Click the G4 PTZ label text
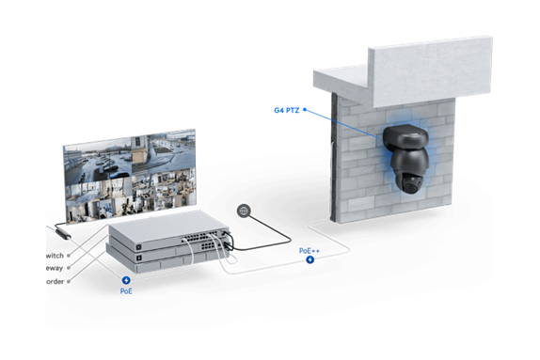pyautogui.click(x=285, y=110)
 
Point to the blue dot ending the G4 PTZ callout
pyautogui.click(x=305, y=110)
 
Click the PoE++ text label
pyautogui.click(x=310, y=251)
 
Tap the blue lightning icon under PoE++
pyautogui.click(x=310, y=259)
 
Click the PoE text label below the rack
pyautogui.click(x=126, y=290)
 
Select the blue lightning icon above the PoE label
pyautogui.click(x=126, y=280)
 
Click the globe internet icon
pyautogui.click(x=246, y=211)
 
